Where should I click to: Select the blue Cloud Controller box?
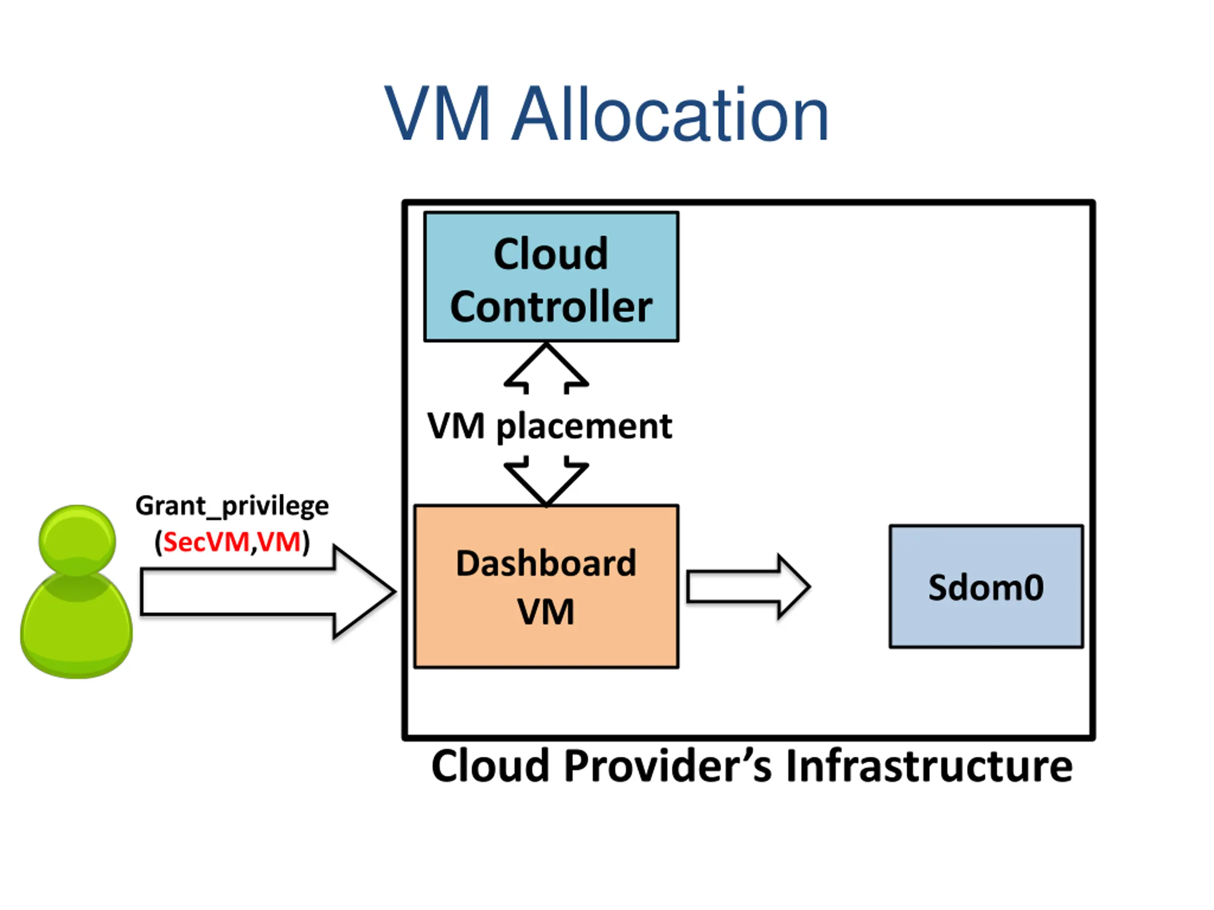coord(551,277)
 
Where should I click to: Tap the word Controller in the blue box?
coord(551,307)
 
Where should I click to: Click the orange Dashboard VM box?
coord(546,586)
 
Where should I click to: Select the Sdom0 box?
coord(986,587)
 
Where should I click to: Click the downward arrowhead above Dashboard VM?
coord(546,481)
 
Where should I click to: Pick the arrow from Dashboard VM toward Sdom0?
coord(749,587)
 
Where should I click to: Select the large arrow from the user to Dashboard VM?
coord(268,592)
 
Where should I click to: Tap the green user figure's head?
coord(77,540)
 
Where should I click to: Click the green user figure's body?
coord(76,625)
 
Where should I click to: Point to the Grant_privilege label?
coord(232,506)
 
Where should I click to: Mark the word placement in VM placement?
coord(584,427)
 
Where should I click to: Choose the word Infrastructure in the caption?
coord(929,766)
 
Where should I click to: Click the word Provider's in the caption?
coord(668,767)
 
